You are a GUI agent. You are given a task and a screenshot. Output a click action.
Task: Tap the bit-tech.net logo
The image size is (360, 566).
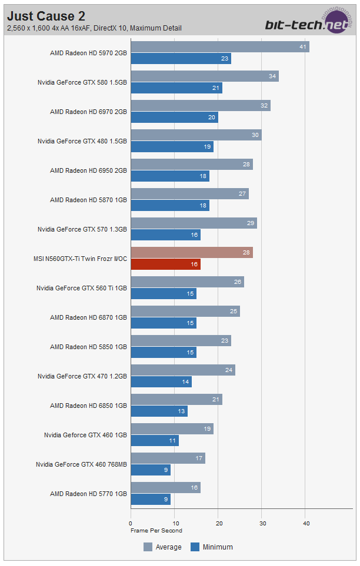[x=308, y=23]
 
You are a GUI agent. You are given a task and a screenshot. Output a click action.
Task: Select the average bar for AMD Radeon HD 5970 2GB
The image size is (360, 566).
[x=219, y=47]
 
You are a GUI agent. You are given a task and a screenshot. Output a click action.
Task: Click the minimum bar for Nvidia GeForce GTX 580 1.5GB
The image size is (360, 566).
[x=176, y=88]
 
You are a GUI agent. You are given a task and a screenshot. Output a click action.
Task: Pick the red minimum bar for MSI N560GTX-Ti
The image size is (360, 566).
[x=165, y=264]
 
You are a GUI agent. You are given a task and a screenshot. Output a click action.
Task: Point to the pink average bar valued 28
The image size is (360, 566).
[x=191, y=253]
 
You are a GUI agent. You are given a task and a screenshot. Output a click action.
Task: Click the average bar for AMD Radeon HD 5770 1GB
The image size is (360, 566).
[x=165, y=488]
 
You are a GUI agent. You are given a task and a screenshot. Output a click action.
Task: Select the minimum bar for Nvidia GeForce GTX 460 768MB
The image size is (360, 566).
[x=150, y=470]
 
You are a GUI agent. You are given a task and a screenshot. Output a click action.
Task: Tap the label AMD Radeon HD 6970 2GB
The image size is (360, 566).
[x=88, y=112]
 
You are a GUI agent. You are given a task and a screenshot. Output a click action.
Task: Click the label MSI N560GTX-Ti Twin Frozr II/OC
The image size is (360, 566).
[x=81, y=259]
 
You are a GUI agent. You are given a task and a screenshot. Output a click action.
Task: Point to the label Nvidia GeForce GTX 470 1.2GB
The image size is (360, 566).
[x=82, y=376]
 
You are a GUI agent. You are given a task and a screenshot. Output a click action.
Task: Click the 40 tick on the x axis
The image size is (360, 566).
[x=305, y=523]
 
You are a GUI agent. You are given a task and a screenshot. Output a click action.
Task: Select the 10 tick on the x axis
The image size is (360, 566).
[x=174, y=523]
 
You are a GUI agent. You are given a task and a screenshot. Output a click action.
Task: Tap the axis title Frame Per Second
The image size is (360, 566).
[x=156, y=530]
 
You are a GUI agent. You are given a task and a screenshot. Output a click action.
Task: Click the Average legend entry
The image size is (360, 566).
[x=163, y=547]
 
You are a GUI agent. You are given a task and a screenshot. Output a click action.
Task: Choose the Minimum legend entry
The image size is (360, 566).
[x=212, y=547]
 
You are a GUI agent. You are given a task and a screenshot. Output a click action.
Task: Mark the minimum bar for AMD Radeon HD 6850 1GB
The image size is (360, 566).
[x=159, y=411]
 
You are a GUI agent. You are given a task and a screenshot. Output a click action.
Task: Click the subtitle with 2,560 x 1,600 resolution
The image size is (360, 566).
[x=94, y=28]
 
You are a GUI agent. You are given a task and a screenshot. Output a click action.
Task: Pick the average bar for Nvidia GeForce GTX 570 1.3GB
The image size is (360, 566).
[x=194, y=223]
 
